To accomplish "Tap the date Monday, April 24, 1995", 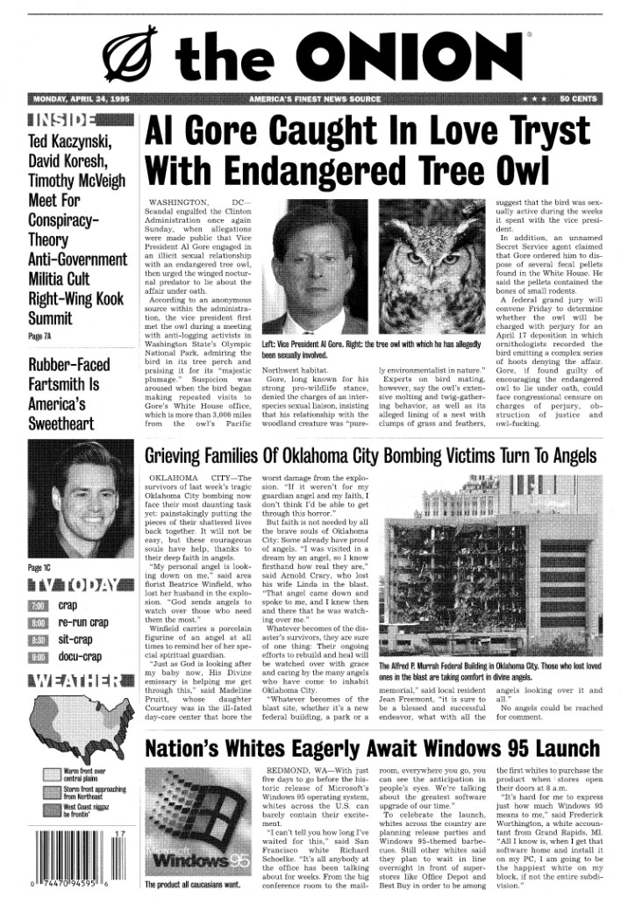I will (81, 99).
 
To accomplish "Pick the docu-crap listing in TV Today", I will (80, 656).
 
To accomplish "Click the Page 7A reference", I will (39, 336).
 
